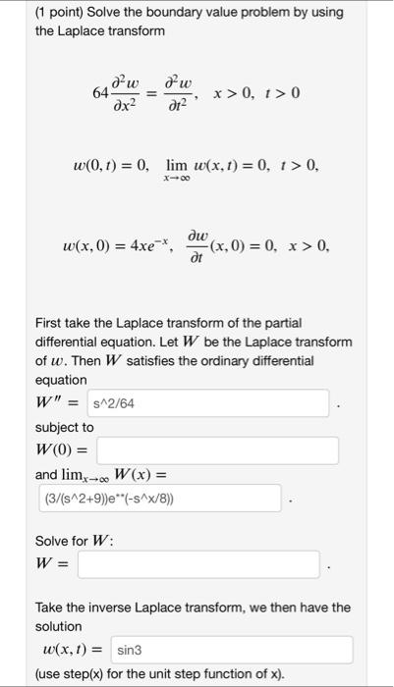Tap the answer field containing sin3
(x=231, y=650)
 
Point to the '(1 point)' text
(x=38, y=12)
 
